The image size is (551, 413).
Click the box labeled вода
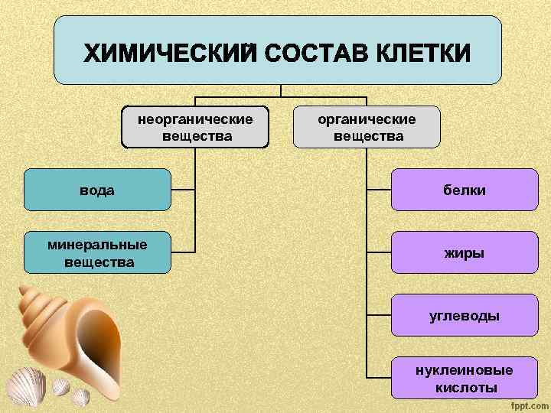pyautogui.click(x=97, y=190)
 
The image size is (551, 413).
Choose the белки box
pyautogui.click(x=465, y=190)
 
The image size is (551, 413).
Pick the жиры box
pyautogui.click(x=465, y=252)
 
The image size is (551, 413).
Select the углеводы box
pyautogui.click(x=465, y=315)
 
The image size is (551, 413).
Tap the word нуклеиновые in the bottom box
pyautogui.click(x=465, y=370)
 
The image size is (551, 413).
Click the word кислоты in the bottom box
pyautogui.click(x=465, y=387)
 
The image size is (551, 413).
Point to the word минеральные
pyautogui.click(x=97, y=245)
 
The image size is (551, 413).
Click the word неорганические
pyautogui.click(x=195, y=119)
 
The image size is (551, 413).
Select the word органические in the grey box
pyautogui.click(x=367, y=119)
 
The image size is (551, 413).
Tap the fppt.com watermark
pyautogui.click(x=527, y=403)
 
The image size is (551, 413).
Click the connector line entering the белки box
pyautogui.click(x=379, y=190)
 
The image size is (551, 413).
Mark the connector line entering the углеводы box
pyautogui.click(x=379, y=315)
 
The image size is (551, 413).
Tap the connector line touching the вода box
pyautogui.click(x=182, y=190)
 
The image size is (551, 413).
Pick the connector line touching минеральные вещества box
pyautogui.click(x=182, y=252)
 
